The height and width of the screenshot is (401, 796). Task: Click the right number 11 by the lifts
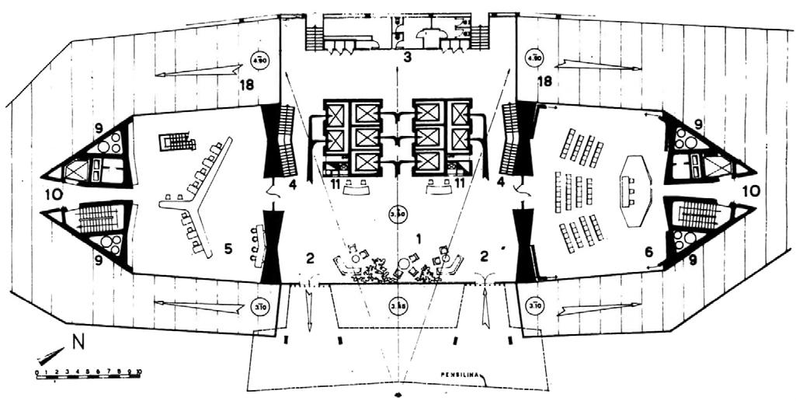[x=461, y=183]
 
